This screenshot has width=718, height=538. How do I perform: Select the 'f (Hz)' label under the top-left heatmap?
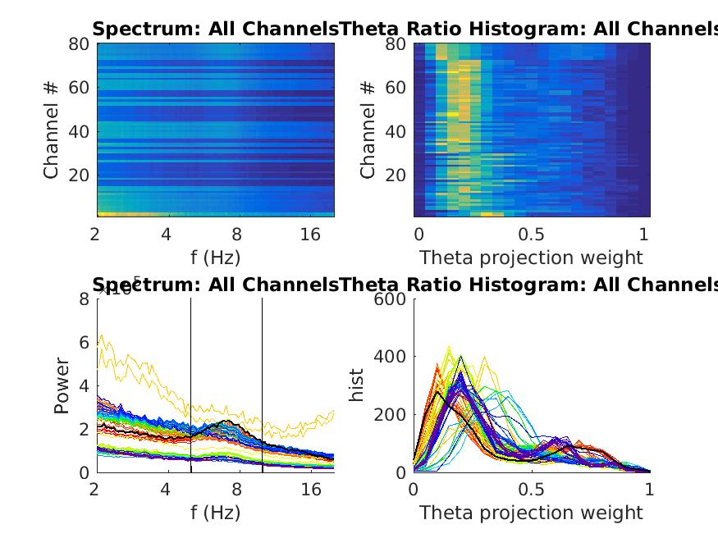[x=215, y=258]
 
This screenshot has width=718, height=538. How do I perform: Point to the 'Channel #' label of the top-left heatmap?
[x=52, y=130]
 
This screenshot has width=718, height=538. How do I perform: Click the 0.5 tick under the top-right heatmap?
[x=532, y=235]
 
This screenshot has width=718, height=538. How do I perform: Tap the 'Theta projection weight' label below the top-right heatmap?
[x=531, y=258]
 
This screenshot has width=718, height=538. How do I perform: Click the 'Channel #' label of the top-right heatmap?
[x=368, y=130]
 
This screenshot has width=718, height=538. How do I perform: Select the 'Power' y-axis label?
[x=62, y=385]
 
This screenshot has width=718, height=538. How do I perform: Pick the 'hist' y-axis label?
[x=357, y=385]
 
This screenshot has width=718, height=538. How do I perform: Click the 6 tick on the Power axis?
[x=83, y=342]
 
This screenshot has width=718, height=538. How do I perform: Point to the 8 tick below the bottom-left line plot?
[x=237, y=490]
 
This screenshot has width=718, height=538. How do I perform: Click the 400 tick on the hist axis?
[x=391, y=357]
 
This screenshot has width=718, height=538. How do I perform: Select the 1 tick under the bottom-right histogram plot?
[x=650, y=490]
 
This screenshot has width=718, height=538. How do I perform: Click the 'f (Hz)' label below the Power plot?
[x=215, y=513]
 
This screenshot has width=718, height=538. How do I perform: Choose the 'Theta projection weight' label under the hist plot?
[x=531, y=513]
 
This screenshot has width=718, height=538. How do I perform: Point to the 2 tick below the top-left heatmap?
[x=97, y=235]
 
